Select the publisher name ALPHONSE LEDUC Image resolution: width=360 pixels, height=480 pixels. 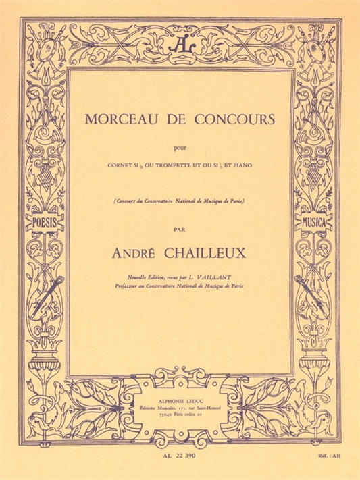[180, 399]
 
